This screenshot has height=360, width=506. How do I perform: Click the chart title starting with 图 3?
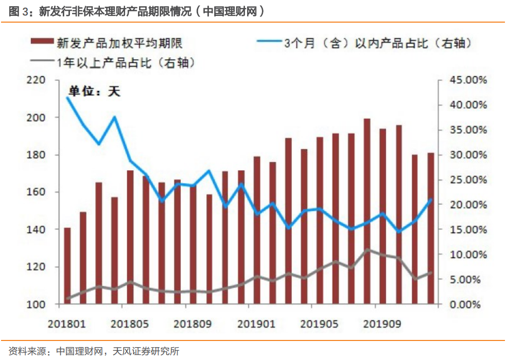(x=137, y=11)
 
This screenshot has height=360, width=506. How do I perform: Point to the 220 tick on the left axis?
(x=38, y=80)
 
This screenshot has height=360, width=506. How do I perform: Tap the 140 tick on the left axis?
(x=38, y=230)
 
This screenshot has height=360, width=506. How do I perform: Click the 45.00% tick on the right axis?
(x=467, y=80)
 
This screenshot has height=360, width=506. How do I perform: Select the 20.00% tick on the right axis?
(x=467, y=205)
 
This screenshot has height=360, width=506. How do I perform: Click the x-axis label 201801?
(x=67, y=324)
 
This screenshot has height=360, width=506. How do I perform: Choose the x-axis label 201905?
(x=320, y=324)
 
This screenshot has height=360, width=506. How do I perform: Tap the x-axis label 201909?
(x=382, y=324)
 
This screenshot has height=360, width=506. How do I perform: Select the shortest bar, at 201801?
(x=67, y=266)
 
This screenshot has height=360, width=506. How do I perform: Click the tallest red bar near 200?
(x=367, y=211)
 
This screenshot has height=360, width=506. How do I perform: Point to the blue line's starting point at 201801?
(x=67, y=98)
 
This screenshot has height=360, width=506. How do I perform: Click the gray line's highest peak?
(x=367, y=250)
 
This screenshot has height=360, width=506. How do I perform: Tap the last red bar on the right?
(x=430, y=229)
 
